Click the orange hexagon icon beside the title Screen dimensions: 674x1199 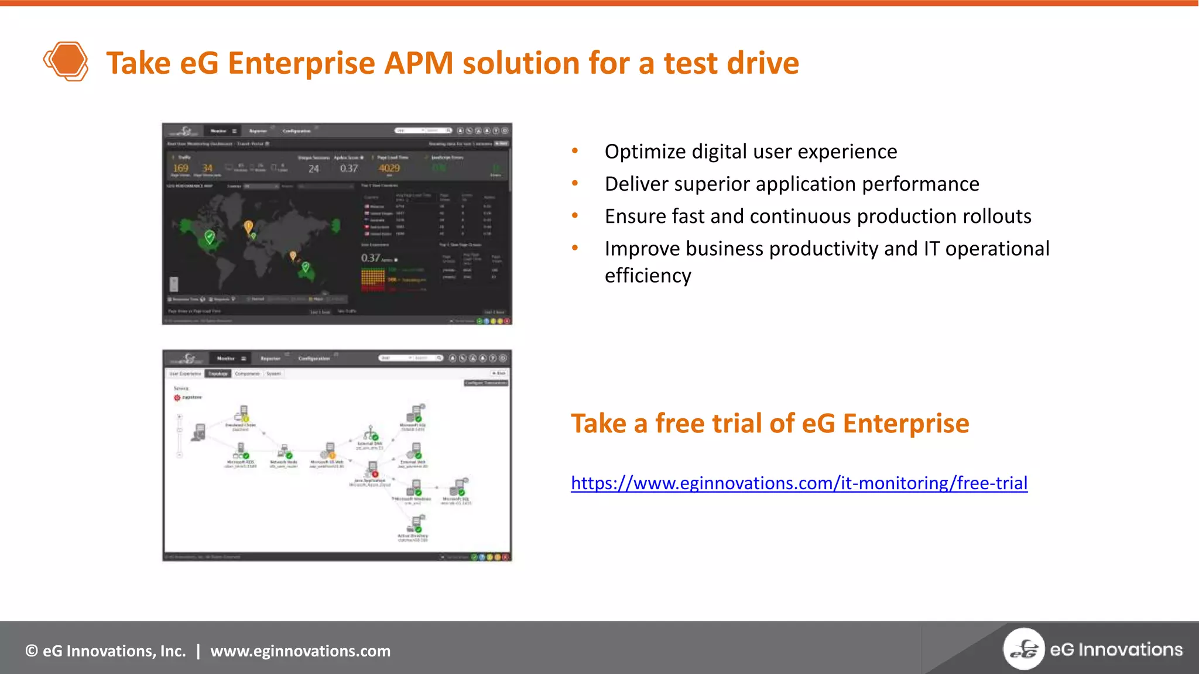click(x=66, y=61)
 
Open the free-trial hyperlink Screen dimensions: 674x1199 click(x=799, y=483)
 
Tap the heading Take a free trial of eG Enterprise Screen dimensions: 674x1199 click(x=769, y=423)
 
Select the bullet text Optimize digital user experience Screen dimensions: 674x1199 click(x=751, y=152)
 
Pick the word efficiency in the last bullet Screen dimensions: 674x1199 click(x=648, y=276)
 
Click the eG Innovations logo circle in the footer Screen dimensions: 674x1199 click(x=1023, y=649)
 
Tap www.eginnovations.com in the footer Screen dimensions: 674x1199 click(x=300, y=651)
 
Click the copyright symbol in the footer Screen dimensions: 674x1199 click(x=32, y=651)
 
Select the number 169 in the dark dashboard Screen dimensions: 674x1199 click(x=180, y=168)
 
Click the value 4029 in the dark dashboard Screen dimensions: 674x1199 click(x=389, y=168)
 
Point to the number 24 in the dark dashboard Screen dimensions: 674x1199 click(x=314, y=169)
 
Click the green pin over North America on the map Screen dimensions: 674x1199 click(x=210, y=236)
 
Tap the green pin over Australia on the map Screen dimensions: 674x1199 click(x=305, y=267)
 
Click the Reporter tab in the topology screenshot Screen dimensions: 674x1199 click(x=270, y=358)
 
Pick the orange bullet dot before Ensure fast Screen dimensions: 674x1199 click(x=575, y=216)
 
